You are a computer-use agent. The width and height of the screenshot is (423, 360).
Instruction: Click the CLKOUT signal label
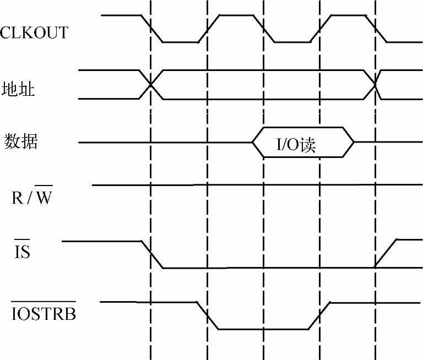pos(34,32)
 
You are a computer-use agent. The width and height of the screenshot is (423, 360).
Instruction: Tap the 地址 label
pos(19,89)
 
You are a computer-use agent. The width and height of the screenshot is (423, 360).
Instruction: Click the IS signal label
pos(21,253)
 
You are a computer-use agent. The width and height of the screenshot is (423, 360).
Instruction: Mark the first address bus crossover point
pos(150,85)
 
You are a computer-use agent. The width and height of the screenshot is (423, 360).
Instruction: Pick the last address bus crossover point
pos(375,85)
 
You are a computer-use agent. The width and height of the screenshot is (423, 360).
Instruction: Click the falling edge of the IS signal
pos(152,254)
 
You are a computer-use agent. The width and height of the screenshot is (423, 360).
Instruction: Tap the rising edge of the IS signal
pos(386,254)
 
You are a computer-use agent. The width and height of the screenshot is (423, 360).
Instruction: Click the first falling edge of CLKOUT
pos(151,28)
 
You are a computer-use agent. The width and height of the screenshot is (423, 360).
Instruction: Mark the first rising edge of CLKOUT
pos(208,28)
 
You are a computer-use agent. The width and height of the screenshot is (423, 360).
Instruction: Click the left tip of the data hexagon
pos(252,143)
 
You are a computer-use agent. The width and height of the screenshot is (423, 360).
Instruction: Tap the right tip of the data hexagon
pos(353,143)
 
